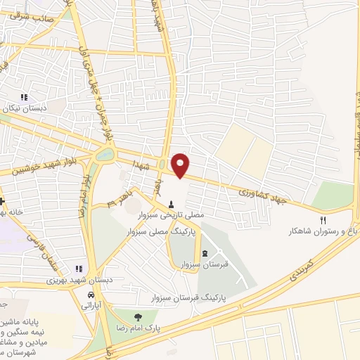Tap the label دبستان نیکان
[x=25, y=110]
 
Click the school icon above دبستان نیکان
[x=24, y=98]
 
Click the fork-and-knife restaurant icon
[x=323, y=219]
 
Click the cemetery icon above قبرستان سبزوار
[x=205, y=253]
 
